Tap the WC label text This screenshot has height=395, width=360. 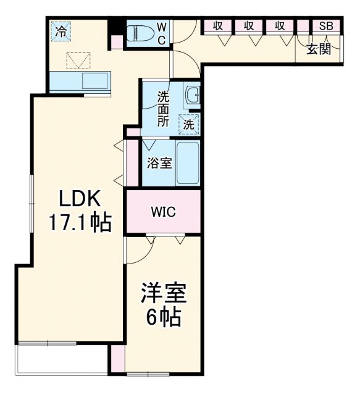pyautogui.click(x=161, y=33)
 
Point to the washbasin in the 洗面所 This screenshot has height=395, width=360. pyautogui.click(x=193, y=95)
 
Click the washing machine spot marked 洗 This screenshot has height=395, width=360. pyautogui.click(x=190, y=123)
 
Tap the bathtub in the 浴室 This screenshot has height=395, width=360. pyautogui.click(x=187, y=163)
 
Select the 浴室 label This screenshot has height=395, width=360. pyautogui.click(x=159, y=164)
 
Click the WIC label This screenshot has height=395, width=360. pyautogui.click(x=164, y=212)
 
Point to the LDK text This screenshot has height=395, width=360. pyautogui.click(x=80, y=199)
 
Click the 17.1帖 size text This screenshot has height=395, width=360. pyautogui.click(x=80, y=222)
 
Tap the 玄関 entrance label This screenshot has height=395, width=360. pyautogui.click(x=319, y=48)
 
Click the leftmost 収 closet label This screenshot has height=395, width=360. pyautogui.click(x=218, y=26)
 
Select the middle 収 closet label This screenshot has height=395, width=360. pyautogui.click(x=249, y=26)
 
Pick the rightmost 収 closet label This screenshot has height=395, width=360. pyautogui.click(x=280, y=26)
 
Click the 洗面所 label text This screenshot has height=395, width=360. pyautogui.click(x=162, y=109)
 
